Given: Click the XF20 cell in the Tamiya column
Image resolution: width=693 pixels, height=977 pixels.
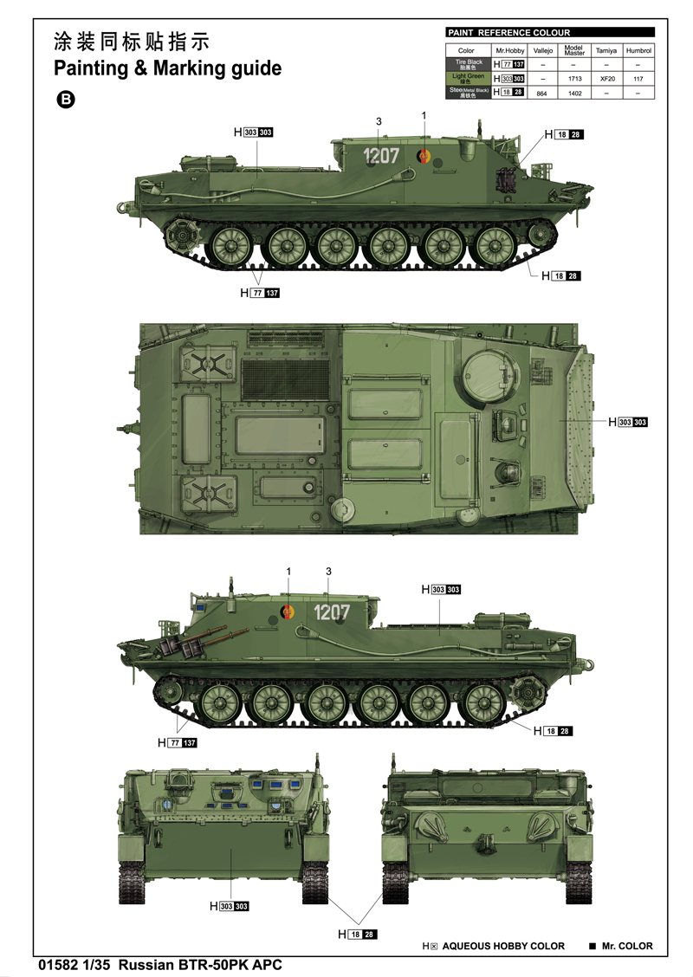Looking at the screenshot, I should (x=606, y=78).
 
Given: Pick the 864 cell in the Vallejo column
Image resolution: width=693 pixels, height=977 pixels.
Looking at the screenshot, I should (x=542, y=92).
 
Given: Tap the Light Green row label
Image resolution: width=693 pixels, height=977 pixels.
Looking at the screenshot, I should (x=469, y=78).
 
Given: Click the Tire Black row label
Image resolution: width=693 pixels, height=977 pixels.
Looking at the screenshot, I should (x=469, y=64).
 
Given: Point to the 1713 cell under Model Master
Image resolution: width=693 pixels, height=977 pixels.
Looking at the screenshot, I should (x=573, y=78).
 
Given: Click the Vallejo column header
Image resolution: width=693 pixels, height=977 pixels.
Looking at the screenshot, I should (x=542, y=51).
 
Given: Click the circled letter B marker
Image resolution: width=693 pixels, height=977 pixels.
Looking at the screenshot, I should (x=65, y=100).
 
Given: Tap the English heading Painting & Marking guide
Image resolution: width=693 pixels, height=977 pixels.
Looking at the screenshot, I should (x=167, y=68).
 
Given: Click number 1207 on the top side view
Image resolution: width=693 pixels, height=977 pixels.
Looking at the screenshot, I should (x=380, y=156).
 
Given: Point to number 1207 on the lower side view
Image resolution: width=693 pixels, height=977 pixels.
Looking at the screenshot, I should (x=331, y=612).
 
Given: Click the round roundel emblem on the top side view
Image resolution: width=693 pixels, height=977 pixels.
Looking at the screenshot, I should (x=424, y=157).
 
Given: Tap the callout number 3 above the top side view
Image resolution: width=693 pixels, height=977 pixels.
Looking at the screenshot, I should (x=379, y=121).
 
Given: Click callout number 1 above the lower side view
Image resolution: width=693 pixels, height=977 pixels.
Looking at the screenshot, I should (x=289, y=571).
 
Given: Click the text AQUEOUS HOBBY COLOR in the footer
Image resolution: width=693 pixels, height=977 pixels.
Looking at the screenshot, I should (x=503, y=946).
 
